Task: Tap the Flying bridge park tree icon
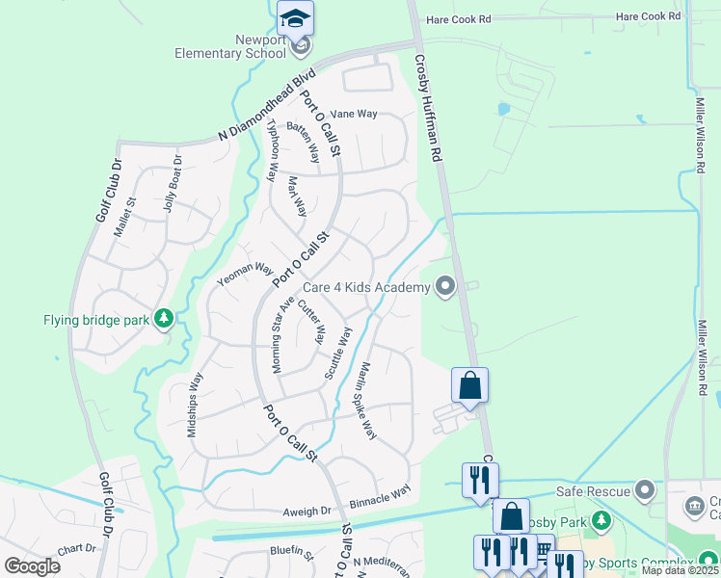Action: point(164,318)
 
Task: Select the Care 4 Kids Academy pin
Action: point(444,287)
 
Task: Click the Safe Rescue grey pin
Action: point(645,491)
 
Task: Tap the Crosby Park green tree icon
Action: point(601,521)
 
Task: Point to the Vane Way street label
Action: point(354,114)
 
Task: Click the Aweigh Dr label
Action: point(307,512)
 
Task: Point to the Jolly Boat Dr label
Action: point(173,184)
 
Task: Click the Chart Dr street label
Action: point(77,548)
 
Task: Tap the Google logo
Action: point(32,566)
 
